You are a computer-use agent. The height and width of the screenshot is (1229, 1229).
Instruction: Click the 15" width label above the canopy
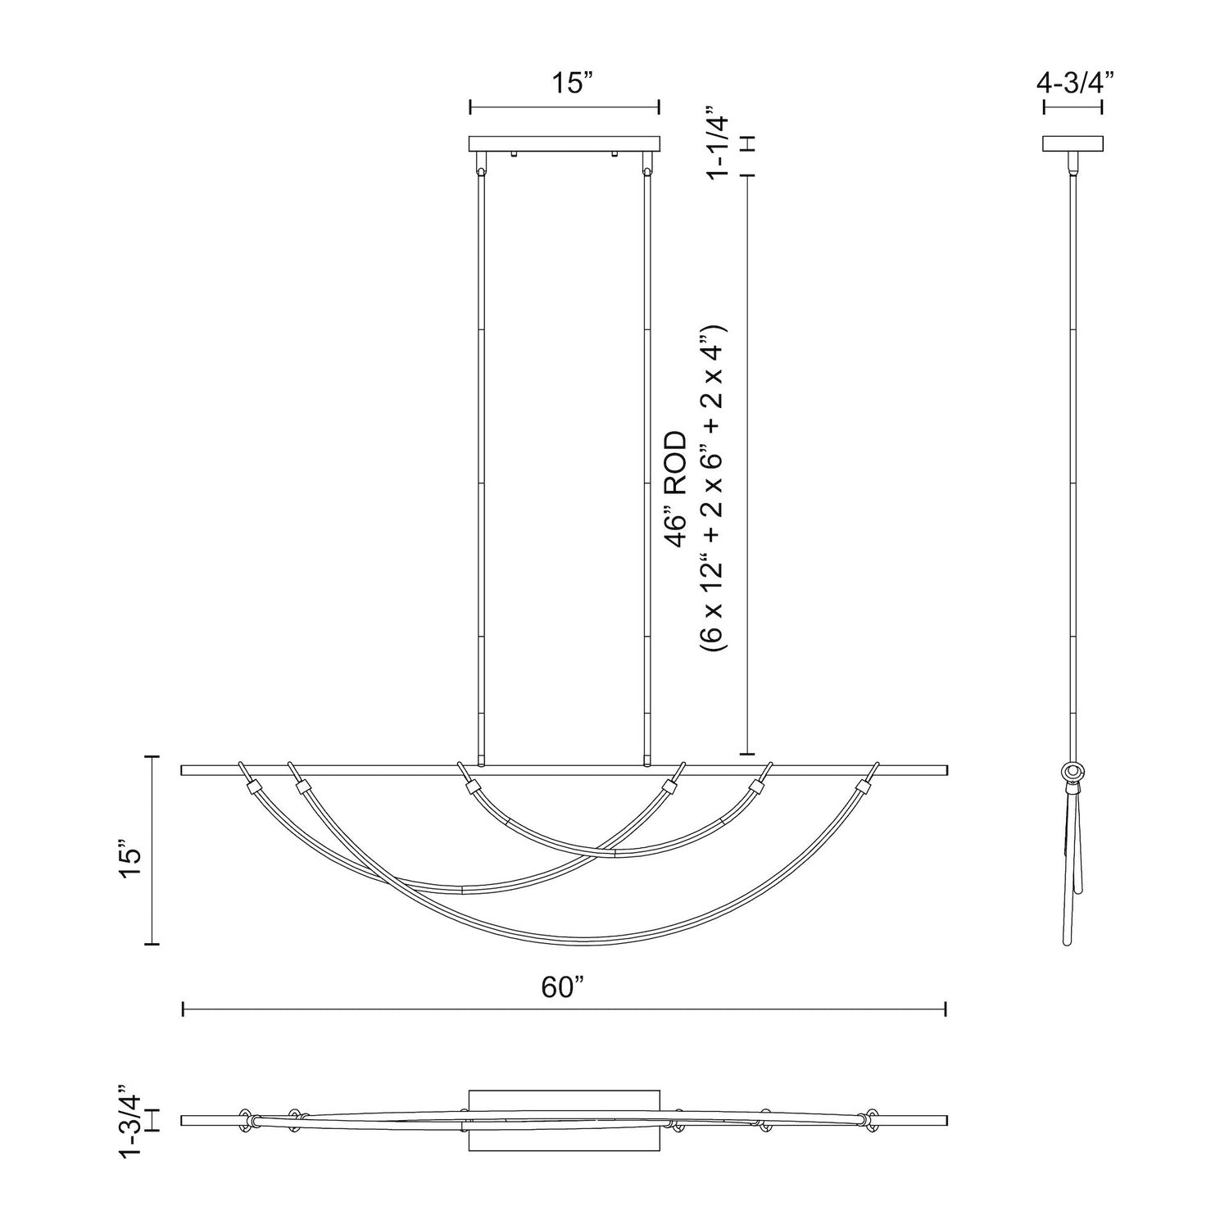point(565,83)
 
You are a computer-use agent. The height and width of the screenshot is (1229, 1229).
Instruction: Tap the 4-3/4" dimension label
point(1072,83)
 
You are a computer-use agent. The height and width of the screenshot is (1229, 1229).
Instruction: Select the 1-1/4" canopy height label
point(717,141)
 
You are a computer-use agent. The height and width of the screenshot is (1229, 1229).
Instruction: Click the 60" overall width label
point(564,987)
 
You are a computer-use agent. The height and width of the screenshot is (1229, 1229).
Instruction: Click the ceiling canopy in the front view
point(564,144)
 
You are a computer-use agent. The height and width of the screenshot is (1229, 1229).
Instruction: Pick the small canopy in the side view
point(1072,144)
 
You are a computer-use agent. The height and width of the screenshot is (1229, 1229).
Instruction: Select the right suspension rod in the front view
point(648,467)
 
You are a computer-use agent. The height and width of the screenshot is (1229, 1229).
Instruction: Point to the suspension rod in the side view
point(1073,467)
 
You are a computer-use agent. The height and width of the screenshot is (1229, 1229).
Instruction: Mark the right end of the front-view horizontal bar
point(946,770)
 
